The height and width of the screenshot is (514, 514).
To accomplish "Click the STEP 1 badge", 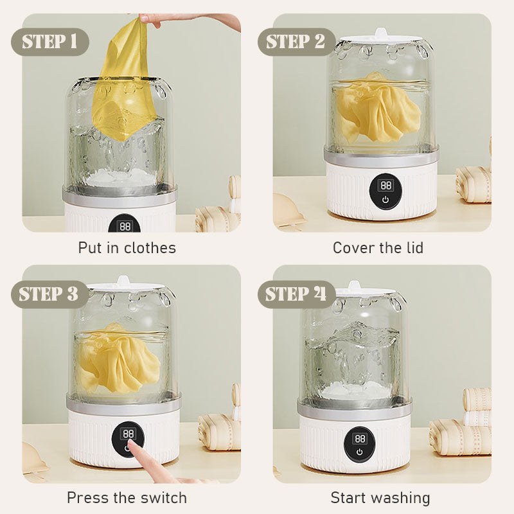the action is point(50,42).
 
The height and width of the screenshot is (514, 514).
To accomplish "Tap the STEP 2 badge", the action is point(296,42).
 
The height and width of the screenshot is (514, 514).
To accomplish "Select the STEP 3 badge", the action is point(50,294).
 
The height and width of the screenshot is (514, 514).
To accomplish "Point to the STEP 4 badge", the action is point(296,294).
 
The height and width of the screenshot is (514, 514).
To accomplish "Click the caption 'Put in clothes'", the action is point(127,248).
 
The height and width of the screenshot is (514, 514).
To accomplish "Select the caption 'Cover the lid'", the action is point(378,248).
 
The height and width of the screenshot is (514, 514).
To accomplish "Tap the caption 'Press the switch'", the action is point(127,497).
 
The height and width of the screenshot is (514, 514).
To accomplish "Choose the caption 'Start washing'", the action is point(380,497).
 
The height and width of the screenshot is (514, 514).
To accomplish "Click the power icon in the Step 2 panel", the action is point(385,199).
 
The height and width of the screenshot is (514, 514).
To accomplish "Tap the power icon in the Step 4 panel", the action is point(360,452).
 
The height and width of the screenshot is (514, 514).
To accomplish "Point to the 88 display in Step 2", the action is point(385,186).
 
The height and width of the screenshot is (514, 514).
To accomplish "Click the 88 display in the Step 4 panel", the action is point(360,438).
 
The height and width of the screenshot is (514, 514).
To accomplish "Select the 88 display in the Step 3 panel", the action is point(128,434).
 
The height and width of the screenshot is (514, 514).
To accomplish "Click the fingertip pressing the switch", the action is point(132,445).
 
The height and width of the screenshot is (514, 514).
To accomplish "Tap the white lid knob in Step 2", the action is point(380,33).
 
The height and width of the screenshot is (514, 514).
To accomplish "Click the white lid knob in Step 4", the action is point(355,285).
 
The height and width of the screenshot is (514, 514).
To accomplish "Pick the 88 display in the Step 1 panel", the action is point(125,226).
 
